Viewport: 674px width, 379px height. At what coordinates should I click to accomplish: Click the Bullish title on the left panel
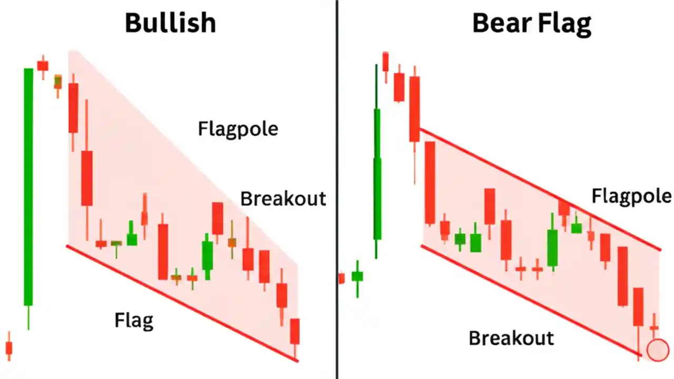click(170, 23)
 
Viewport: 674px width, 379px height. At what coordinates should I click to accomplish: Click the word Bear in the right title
click(499, 23)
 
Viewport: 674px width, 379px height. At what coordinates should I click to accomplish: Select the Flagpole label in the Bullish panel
click(237, 128)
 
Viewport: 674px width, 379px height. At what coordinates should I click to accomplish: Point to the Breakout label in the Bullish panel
click(283, 198)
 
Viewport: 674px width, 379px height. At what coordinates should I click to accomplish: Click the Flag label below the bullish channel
click(134, 320)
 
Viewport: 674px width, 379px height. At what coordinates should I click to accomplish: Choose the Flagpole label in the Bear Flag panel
click(631, 196)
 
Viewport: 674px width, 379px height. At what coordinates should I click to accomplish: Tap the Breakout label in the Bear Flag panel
click(511, 338)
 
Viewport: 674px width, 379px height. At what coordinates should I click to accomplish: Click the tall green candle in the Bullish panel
click(28, 187)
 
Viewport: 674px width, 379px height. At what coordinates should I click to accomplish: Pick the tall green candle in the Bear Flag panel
click(377, 174)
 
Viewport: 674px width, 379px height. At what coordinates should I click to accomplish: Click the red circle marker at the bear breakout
click(657, 350)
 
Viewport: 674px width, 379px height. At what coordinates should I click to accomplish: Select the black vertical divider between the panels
click(336, 189)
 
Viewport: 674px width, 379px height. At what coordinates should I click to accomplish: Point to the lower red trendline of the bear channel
click(529, 301)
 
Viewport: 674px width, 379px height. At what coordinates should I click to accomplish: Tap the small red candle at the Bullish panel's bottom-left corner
click(8, 348)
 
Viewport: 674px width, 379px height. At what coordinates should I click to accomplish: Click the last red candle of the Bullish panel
click(295, 331)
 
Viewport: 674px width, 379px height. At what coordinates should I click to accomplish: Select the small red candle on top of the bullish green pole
click(43, 65)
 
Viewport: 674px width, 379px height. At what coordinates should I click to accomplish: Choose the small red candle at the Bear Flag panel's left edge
click(341, 278)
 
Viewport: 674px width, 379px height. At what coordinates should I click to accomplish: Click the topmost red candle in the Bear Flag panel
click(385, 62)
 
